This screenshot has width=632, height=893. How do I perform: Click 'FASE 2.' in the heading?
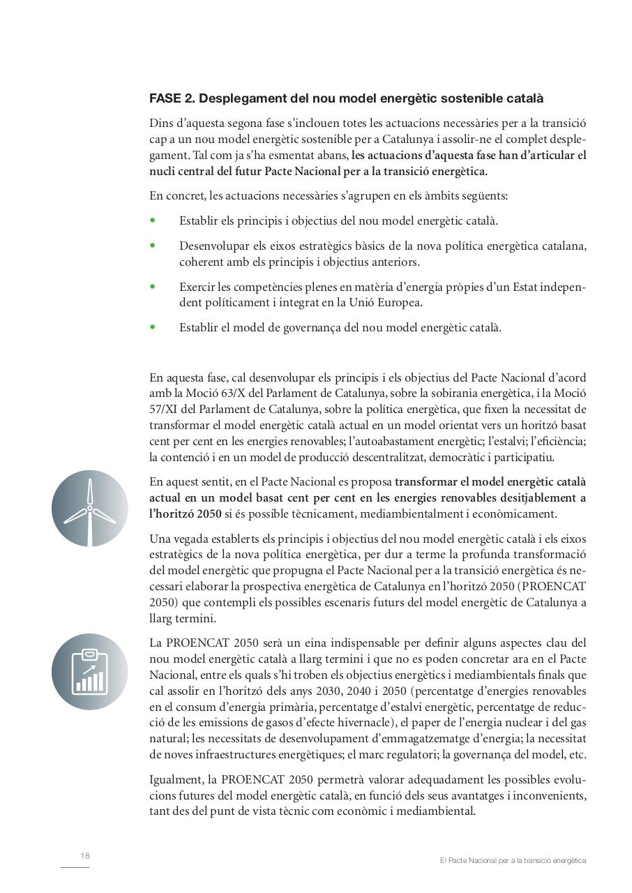[x=171, y=98]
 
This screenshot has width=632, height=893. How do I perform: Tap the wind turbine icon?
[x=89, y=509]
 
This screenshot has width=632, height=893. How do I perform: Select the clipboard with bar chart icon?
[x=89, y=672]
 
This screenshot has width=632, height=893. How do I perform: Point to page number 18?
[x=85, y=855]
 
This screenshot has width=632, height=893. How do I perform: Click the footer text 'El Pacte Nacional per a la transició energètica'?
[x=513, y=861]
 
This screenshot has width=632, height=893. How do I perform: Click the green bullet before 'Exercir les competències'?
[x=153, y=286]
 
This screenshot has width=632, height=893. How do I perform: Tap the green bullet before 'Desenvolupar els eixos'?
[x=153, y=246]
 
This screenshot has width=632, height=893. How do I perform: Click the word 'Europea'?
[x=402, y=303]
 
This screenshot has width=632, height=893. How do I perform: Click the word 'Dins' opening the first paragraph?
[x=161, y=123]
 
